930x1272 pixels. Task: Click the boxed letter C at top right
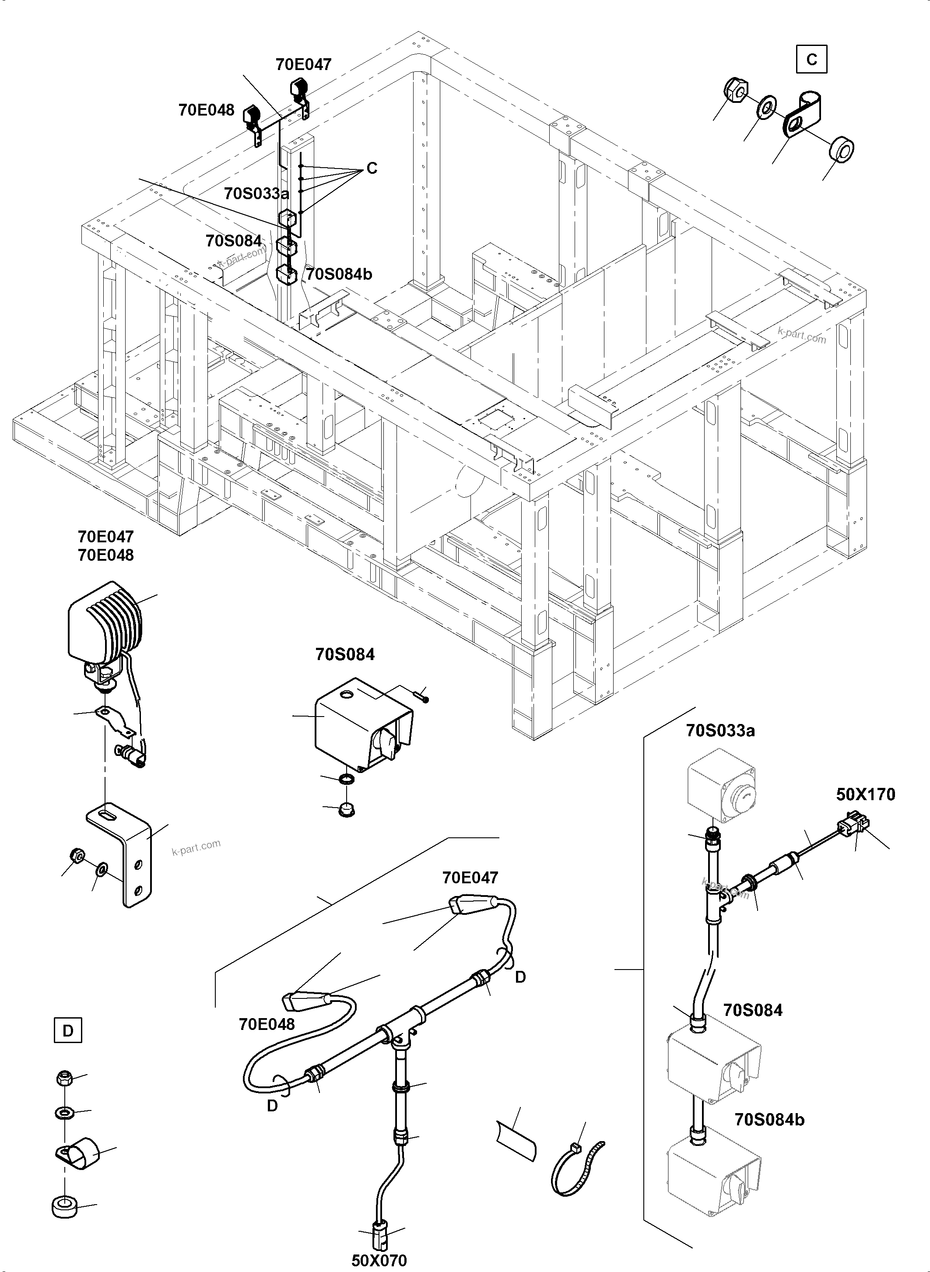(811, 59)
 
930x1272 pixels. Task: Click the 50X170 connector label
(865, 794)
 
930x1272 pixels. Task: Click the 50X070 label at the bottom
(379, 1260)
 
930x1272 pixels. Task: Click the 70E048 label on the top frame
(206, 110)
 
